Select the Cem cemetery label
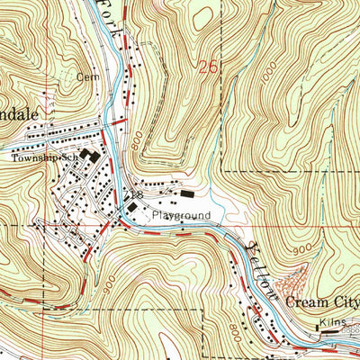86,76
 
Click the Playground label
180,216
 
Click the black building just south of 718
132,208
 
